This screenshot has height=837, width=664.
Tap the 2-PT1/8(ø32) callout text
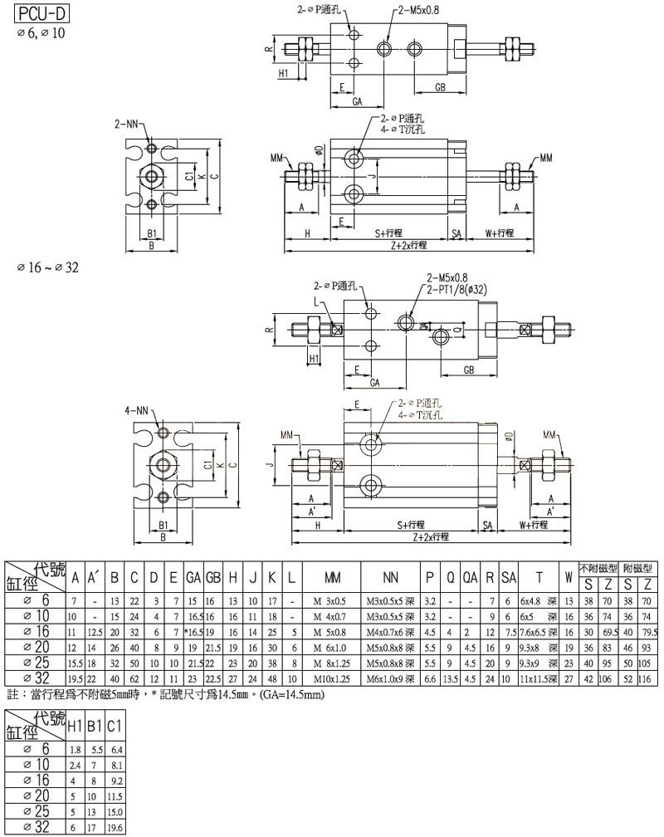pos(461,290)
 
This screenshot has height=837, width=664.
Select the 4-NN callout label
pos(138,411)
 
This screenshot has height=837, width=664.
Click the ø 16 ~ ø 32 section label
pos(48,267)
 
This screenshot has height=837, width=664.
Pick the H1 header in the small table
pos(76,727)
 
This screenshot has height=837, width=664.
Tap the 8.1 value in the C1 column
pos(116,764)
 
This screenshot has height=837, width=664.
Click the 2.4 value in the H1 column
pos(76,764)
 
